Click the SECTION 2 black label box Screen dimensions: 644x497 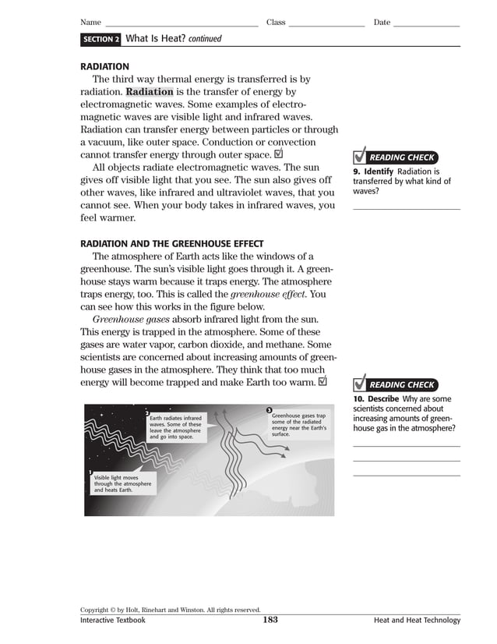(x=100, y=39)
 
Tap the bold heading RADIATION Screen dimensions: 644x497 (x=104, y=67)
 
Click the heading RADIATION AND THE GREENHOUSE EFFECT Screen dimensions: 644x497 (x=171, y=244)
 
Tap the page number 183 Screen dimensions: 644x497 (x=270, y=621)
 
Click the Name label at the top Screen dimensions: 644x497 (x=91, y=23)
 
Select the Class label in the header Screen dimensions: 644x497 (x=276, y=23)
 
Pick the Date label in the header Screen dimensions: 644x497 (x=382, y=23)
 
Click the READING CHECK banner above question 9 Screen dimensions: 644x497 (x=400, y=157)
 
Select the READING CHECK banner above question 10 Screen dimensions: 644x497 (x=400, y=385)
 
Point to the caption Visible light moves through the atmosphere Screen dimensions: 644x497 (x=122, y=483)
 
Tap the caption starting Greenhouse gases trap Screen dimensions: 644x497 (x=298, y=424)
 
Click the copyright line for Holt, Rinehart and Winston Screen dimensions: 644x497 (x=170, y=610)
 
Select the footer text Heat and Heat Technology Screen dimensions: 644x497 (x=417, y=621)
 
